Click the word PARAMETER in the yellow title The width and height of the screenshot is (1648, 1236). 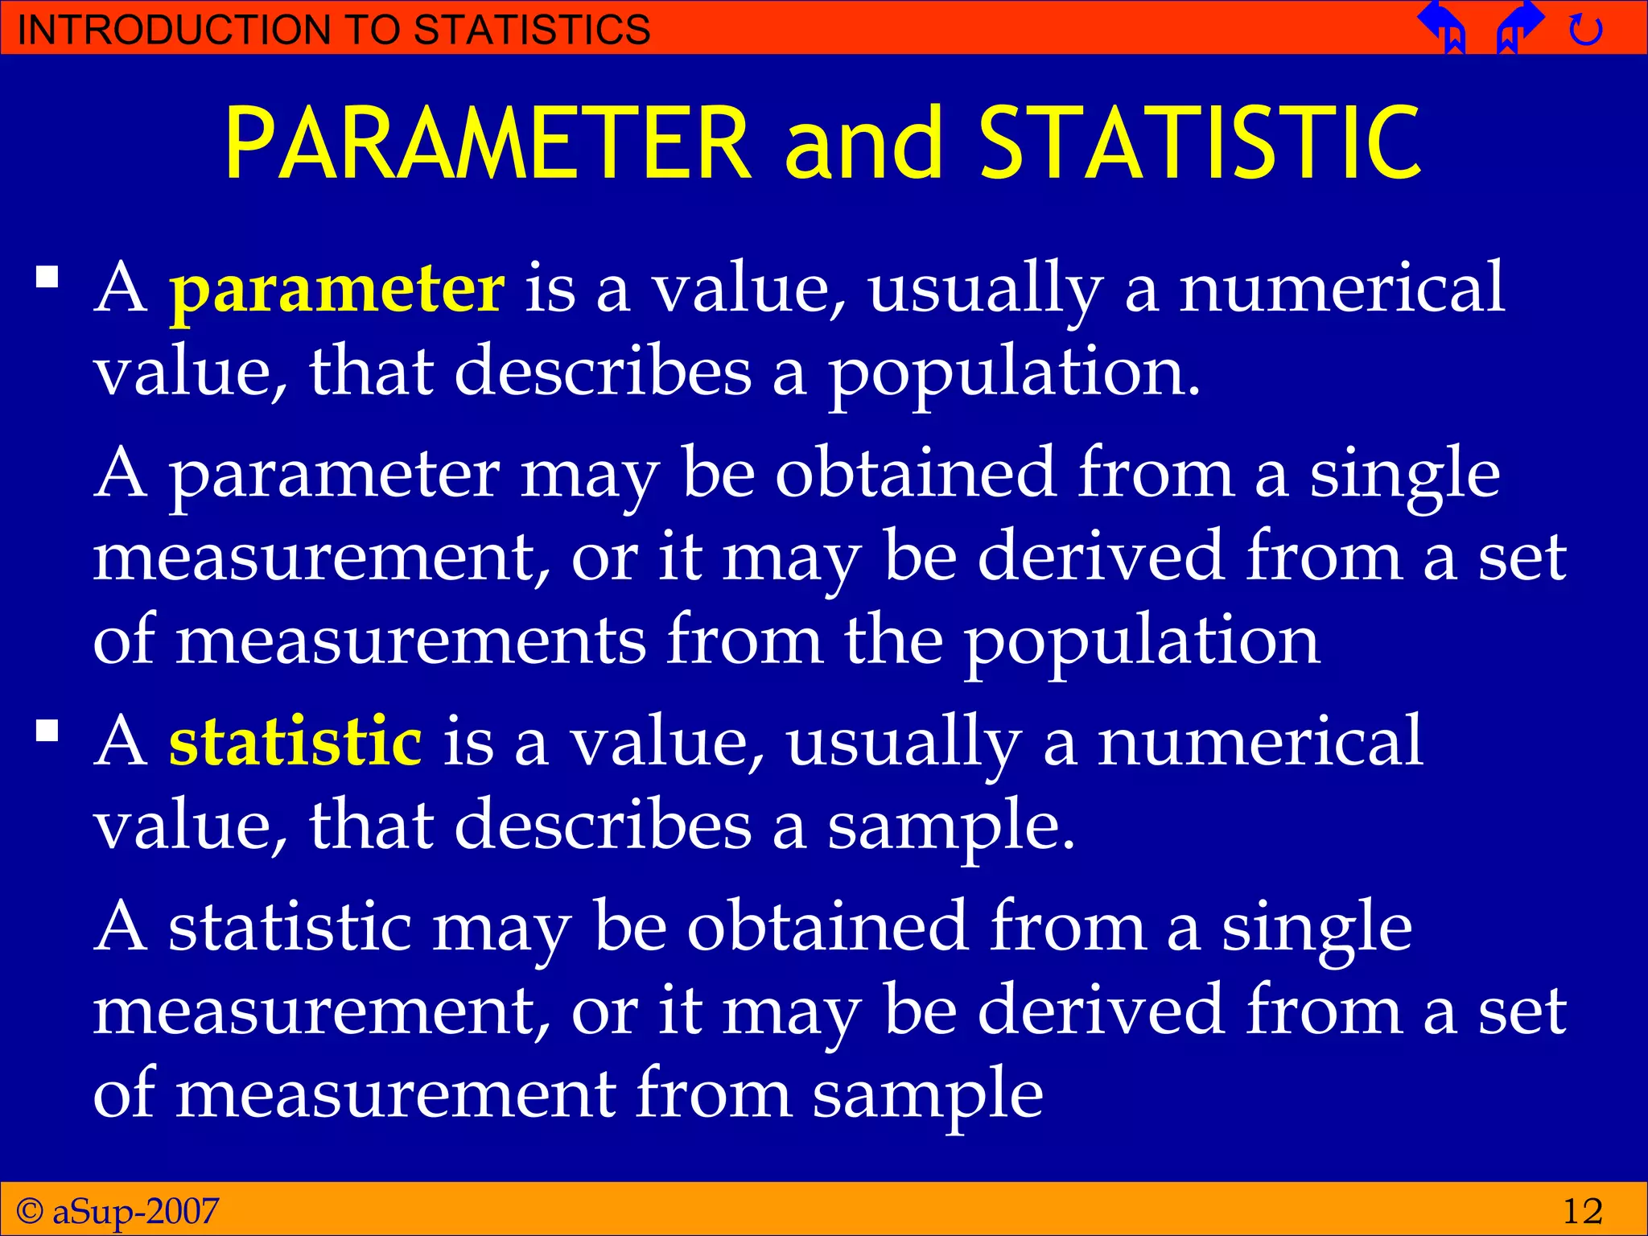[x=487, y=143]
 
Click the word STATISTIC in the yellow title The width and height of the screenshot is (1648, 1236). [x=1200, y=143]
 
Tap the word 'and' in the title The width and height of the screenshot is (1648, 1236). [x=863, y=143]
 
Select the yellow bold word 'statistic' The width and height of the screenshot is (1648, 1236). [x=295, y=742]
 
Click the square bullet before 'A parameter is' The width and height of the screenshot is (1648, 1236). [x=47, y=278]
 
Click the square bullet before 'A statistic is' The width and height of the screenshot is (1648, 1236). [x=47, y=730]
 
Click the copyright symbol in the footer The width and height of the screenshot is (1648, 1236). [x=30, y=1210]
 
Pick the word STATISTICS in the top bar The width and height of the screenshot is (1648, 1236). [x=532, y=30]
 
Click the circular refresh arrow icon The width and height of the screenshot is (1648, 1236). [x=1586, y=31]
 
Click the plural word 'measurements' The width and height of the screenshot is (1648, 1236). [x=410, y=642]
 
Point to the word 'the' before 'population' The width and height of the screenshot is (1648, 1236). [x=893, y=641]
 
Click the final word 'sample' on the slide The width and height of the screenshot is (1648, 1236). [x=927, y=1095]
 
